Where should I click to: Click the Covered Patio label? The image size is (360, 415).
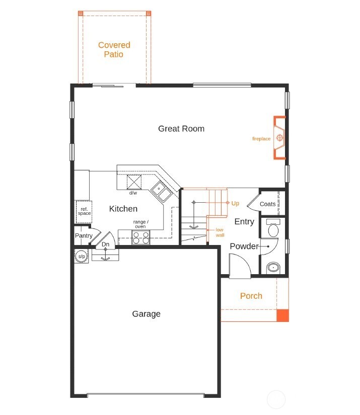point(114,50)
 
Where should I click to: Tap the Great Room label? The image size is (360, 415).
point(181,129)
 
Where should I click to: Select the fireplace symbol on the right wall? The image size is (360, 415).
point(280,138)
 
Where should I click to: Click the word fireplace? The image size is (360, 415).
point(261,139)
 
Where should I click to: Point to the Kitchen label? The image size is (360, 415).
point(123,209)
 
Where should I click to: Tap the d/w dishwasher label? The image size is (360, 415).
point(133,193)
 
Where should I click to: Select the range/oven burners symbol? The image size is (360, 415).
point(141,237)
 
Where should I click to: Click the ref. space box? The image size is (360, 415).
point(84,212)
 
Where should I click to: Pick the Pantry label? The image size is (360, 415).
point(84,235)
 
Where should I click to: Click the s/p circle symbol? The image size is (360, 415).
point(81,256)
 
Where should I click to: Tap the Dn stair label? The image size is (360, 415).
point(105,244)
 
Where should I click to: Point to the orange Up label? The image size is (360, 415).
point(235,203)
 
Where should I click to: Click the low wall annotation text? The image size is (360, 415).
point(220,232)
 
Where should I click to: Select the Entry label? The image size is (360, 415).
point(244,222)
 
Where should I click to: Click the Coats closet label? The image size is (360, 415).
point(268,204)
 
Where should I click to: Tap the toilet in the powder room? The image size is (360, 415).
point(273,230)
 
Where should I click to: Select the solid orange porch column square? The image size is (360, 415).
point(283,315)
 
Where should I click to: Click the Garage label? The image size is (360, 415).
point(147,314)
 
